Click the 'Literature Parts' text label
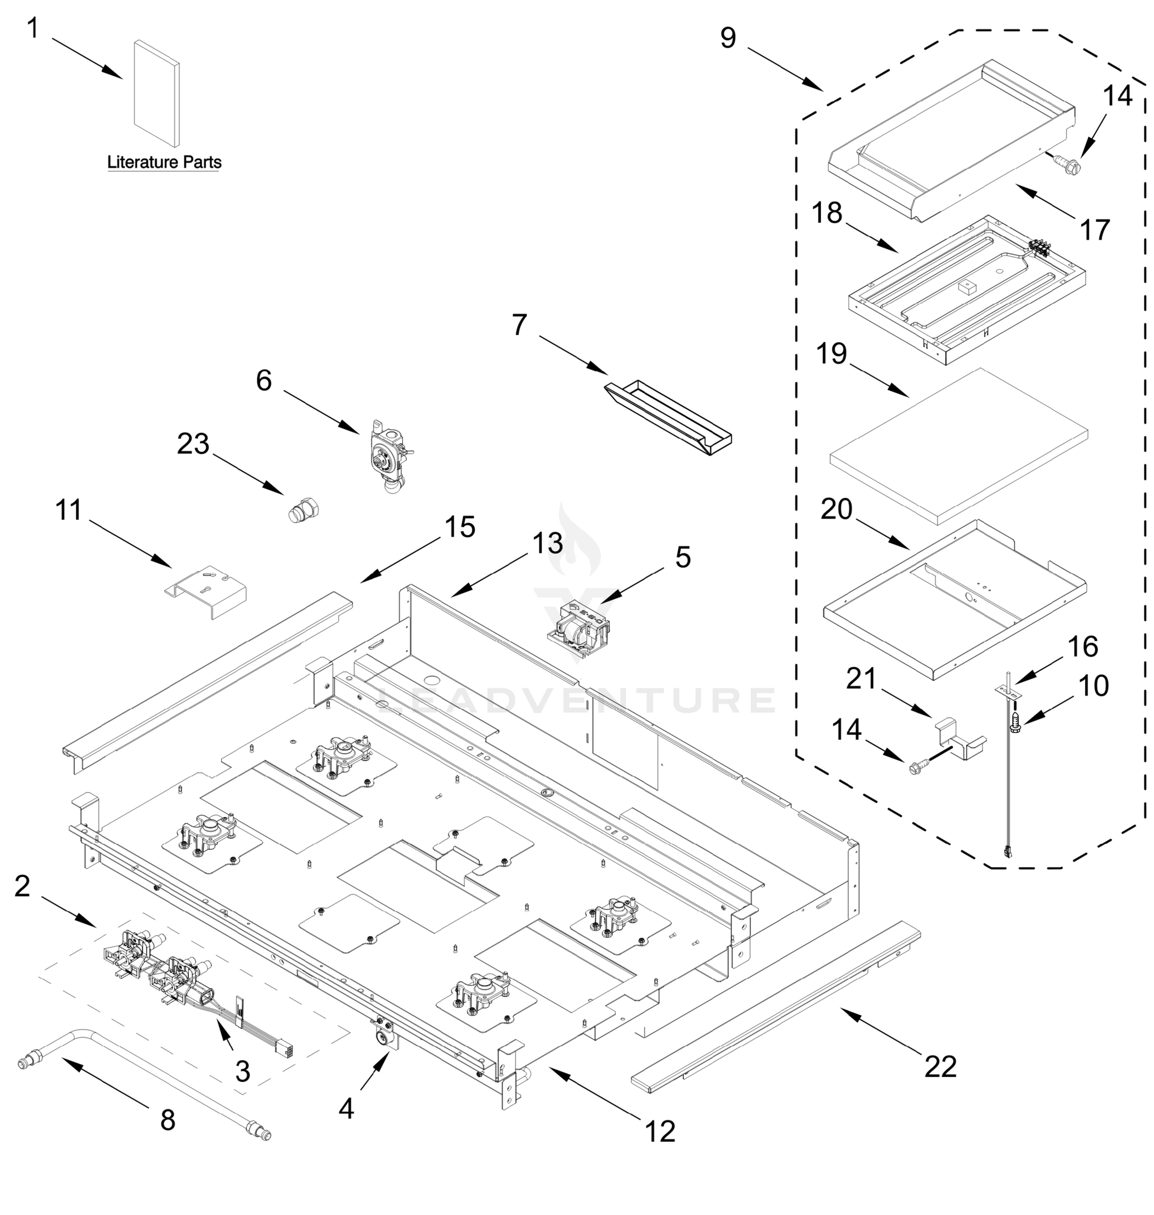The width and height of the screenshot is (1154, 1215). click(163, 163)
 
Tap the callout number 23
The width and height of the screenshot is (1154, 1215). click(193, 443)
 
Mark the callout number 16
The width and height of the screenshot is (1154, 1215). click(1083, 646)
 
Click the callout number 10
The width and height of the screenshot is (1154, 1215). click(1094, 685)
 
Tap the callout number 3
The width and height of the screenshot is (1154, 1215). click(243, 1072)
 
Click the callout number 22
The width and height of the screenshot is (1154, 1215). click(940, 1066)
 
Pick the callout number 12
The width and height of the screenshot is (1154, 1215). click(660, 1131)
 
